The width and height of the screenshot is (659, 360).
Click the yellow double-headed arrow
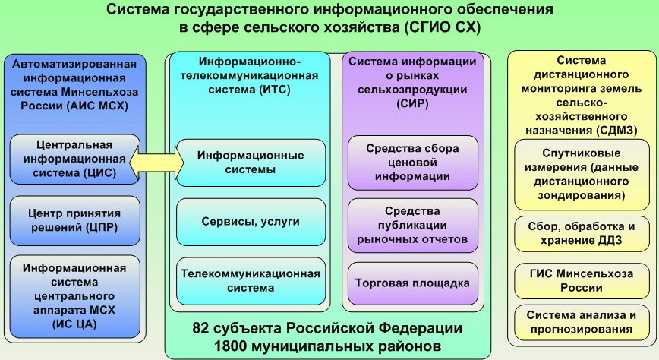tap(156, 162)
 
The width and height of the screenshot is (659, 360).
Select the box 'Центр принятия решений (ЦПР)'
tap(75, 221)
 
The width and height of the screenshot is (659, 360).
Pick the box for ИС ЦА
tap(75, 296)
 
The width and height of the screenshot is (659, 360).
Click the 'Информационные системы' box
tap(251, 163)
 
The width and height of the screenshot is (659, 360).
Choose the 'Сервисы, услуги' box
tap(251, 222)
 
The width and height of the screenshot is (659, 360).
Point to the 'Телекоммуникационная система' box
tap(251, 281)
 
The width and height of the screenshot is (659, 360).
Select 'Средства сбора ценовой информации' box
tap(413, 163)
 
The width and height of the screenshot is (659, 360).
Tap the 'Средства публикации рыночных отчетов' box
tap(413, 226)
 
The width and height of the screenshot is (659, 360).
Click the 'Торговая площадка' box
tap(413, 283)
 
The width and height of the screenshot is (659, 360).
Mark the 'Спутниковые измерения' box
tap(582, 175)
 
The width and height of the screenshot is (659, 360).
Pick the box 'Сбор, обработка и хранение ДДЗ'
tap(582, 234)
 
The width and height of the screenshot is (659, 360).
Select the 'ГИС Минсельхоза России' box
tap(582, 281)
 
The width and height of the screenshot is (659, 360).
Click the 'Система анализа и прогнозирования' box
tap(582, 322)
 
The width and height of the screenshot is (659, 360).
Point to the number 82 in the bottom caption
tap(200, 328)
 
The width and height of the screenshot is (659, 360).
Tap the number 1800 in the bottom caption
tap(229, 346)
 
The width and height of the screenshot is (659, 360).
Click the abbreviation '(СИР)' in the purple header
tap(412, 103)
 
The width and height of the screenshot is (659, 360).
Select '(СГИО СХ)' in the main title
tap(442, 27)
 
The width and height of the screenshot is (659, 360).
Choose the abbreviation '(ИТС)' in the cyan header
tap(273, 90)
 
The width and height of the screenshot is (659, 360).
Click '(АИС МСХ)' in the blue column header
tap(97, 106)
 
